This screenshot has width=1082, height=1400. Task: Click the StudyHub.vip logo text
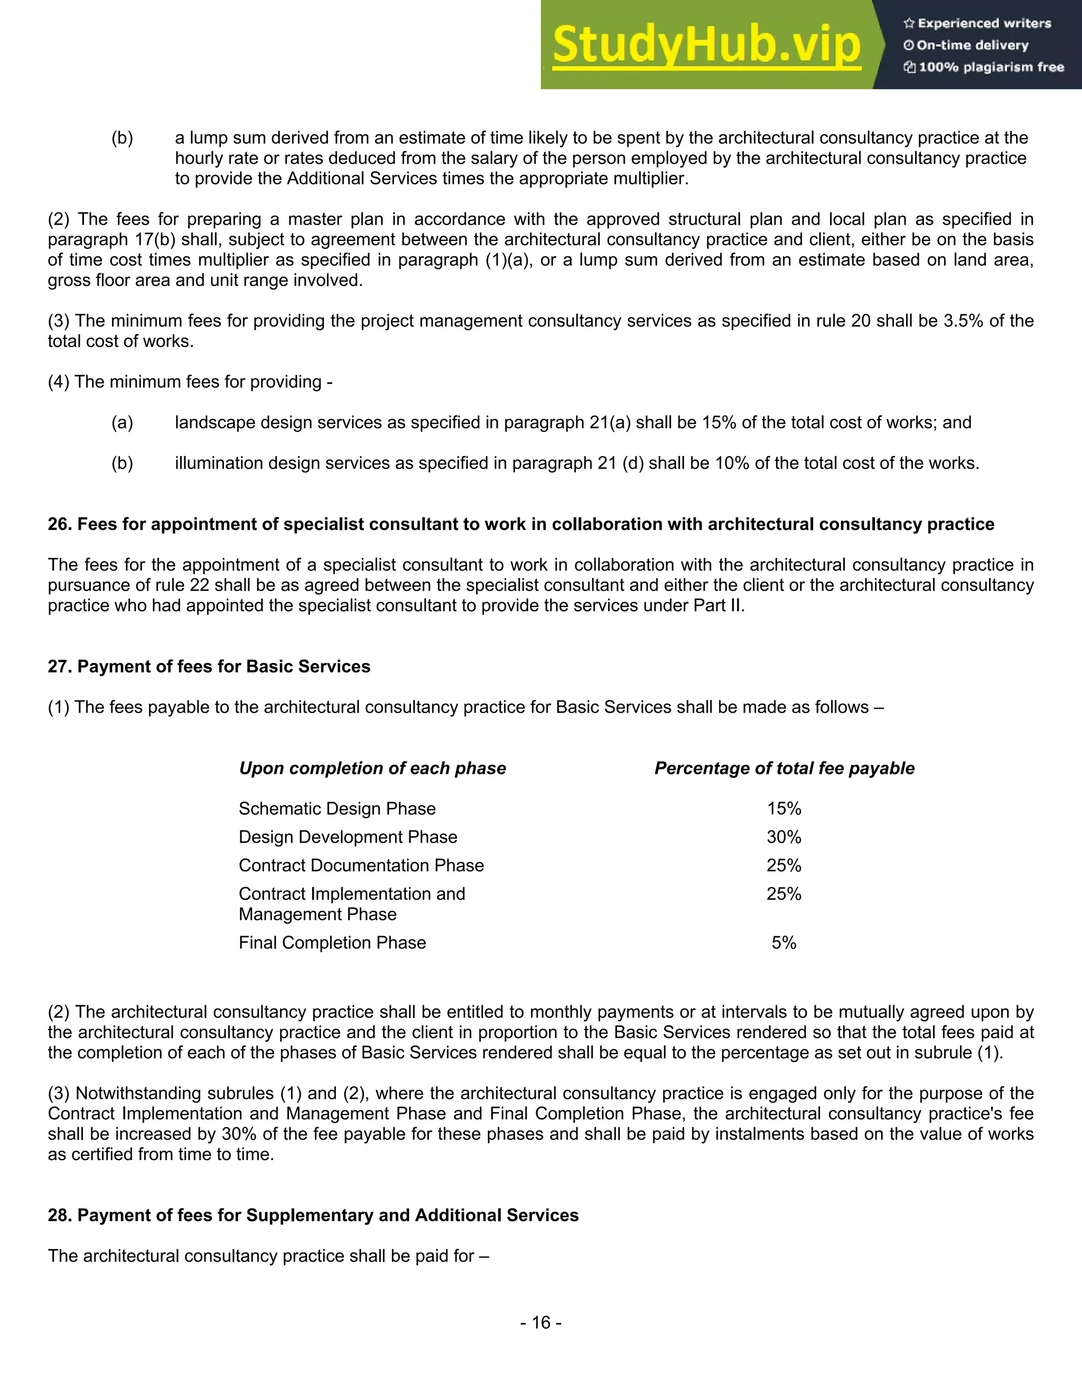[706, 45]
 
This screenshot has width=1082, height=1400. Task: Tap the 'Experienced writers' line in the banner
[977, 24]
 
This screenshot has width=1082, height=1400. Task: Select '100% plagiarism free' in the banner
[984, 67]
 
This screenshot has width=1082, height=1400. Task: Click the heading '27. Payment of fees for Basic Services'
[209, 667]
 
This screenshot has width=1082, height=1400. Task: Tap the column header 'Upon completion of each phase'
[372, 768]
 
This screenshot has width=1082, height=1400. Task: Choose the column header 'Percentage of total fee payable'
[784, 768]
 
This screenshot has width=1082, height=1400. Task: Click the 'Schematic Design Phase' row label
[337, 809]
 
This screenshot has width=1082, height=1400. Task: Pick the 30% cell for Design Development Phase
[784, 837]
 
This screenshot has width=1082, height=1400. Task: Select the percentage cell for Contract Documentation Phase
[784, 865]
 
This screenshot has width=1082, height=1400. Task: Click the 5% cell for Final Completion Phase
[784, 942]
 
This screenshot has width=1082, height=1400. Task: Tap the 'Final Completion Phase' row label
[332, 942]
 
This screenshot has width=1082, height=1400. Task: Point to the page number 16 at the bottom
[541, 1322]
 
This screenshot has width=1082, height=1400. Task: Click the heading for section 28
[313, 1216]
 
